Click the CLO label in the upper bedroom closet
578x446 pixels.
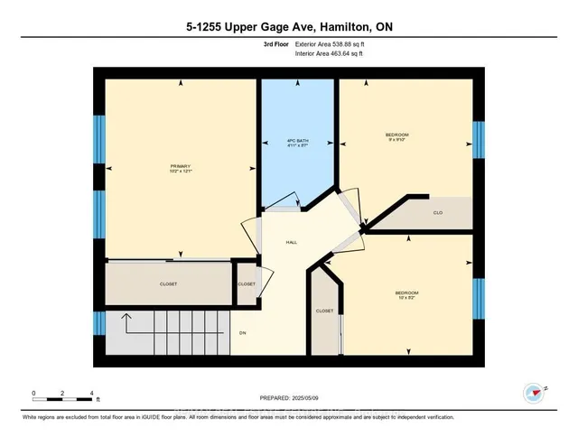pyautogui.click(x=437, y=213)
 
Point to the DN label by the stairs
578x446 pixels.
pyautogui.click(x=243, y=331)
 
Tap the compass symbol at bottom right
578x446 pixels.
pyautogui.click(x=532, y=393)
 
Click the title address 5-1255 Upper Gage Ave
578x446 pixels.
pyautogui.click(x=289, y=28)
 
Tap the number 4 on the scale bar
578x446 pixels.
pyautogui.click(x=92, y=393)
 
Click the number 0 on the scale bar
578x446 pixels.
pyautogui.click(x=33, y=393)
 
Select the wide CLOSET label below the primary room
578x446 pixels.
pyautogui.click(x=168, y=283)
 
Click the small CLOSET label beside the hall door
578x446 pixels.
pyautogui.click(x=247, y=283)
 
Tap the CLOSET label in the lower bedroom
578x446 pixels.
pyautogui.click(x=324, y=311)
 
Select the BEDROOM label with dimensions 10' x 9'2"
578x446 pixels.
pyautogui.click(x=406, y=293)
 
